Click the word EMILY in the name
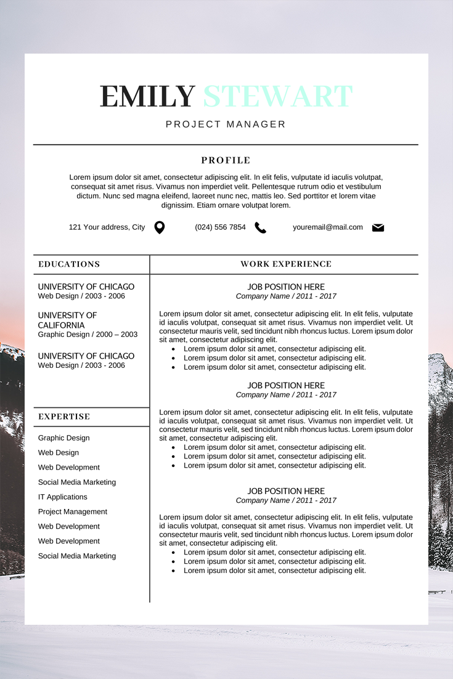click(x=147, y=97)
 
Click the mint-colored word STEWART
click(x=278, y=97)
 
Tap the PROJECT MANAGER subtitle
click(x=226, y=124)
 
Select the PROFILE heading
click(x=226, y=161)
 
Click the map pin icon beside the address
click(x=159, y=227)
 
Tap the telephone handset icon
click(x=261, y=228)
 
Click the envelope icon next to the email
click(x=378, y=228)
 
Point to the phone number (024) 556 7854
click(x=220, y=227)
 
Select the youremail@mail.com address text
click(x=328, y=227)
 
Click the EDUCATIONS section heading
click(x=69, y=264)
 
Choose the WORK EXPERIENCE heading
click(x=286, y=264)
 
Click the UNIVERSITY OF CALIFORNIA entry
click(x=67, y=320)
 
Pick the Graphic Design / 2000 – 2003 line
click(x=88, y=335)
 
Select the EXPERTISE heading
click(x=64, y=417)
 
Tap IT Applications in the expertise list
click(x=63, y=497)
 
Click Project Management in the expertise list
click(x=73, y=512)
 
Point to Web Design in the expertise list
click(x=59, y=453)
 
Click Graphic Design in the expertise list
click(x=64, y=438)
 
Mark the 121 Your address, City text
click(x=107, y=227)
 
